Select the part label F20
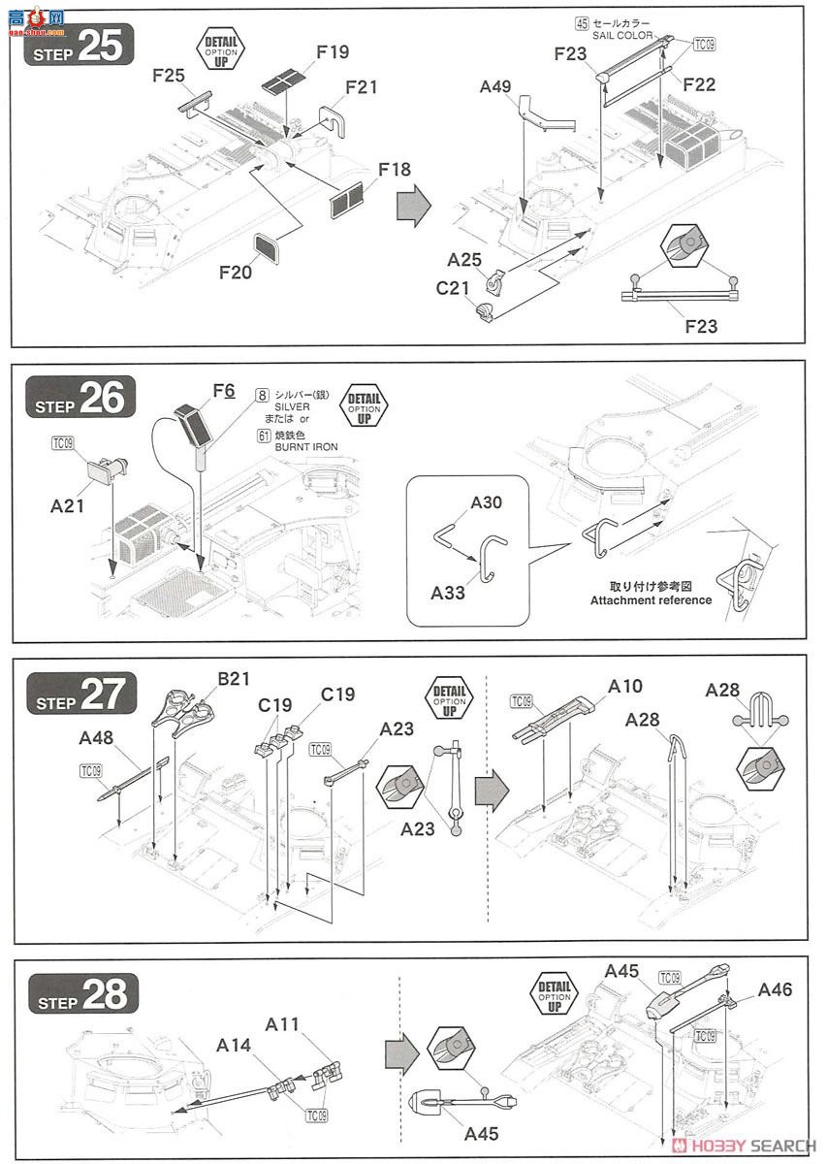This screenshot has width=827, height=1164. [235, 274]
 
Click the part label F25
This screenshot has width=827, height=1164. [169, 74]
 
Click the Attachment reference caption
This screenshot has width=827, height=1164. [651, 599]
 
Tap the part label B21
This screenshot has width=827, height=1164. [234, 678]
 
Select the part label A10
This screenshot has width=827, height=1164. [624, 686]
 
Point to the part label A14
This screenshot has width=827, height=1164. [235, 1045]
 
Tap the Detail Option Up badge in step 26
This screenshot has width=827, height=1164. [365, 404]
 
